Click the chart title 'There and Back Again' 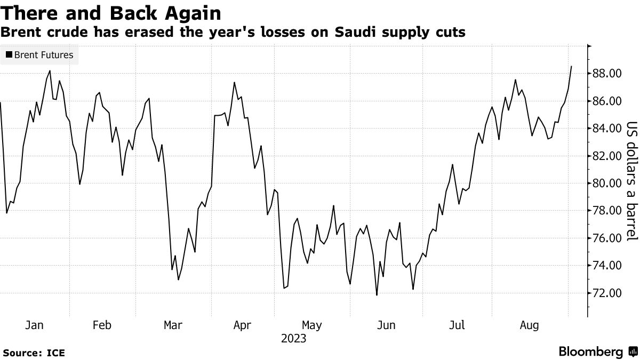[111, 13]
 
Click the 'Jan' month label [35, 325]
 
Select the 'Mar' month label [173, 325]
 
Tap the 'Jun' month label [387, 325]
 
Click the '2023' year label [293, 339]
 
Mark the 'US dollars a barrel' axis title [632, 181]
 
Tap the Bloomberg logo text [591, 352]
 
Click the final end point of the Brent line [572, 66]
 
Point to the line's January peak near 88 [50, 71]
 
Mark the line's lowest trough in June [377, 295]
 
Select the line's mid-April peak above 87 [234, 82]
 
